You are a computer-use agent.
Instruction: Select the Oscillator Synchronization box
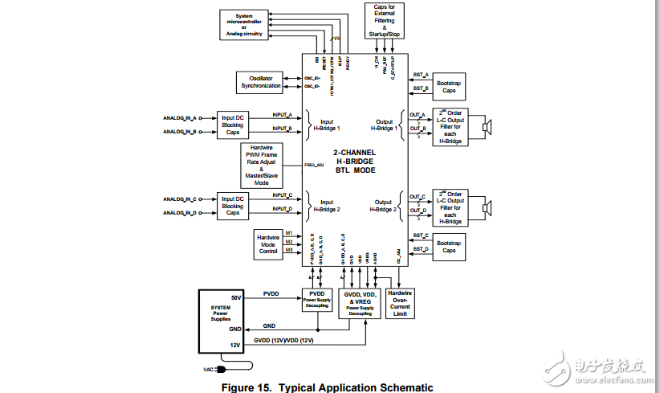tap(260, 82)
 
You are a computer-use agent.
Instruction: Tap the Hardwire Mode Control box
tap(268, 244)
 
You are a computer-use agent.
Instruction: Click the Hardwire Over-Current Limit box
tap(400, 303)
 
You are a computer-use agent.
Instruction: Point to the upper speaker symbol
tap(487, 125)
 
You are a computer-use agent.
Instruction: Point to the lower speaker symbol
tap(487, 209)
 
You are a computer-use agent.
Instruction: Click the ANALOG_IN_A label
tap(180, 117)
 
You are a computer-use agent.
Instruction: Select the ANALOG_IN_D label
tap(180, 213)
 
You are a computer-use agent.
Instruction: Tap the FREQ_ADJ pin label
tap(315, 164)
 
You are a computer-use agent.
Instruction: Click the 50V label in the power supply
tap(236, 297)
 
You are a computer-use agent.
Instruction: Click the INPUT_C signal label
tap(282, 194)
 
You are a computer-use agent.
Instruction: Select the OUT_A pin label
tap(417, 114)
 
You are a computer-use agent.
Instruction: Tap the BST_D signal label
tap(421, 249)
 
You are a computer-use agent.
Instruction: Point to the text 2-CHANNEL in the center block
tap(355, 152)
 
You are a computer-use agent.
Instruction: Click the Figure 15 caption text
tap(327, 387)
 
